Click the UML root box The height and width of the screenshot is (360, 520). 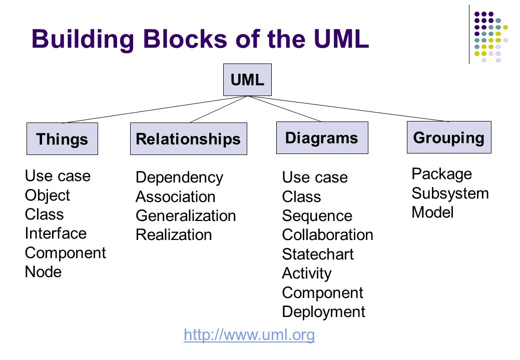247,80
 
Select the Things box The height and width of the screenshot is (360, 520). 63,139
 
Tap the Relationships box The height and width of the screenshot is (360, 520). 189,139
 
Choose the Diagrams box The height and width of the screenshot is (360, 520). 322,138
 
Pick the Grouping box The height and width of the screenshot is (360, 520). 449,137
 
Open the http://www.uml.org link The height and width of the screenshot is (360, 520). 249,334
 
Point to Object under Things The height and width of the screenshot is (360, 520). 48,195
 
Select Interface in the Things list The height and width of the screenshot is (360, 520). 56,233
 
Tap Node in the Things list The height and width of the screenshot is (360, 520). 44,272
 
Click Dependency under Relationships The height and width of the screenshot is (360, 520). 179,178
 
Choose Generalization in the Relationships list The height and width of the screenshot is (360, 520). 186,215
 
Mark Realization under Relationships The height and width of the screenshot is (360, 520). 174,235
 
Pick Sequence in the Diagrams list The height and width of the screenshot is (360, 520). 317,216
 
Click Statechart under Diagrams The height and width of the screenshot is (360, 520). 318,254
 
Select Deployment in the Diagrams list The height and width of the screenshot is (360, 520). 323,312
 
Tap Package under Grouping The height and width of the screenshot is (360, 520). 442,174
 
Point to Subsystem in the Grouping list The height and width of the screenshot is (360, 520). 450,193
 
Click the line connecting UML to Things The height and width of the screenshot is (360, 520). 155,109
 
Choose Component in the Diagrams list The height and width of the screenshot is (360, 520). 322,293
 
